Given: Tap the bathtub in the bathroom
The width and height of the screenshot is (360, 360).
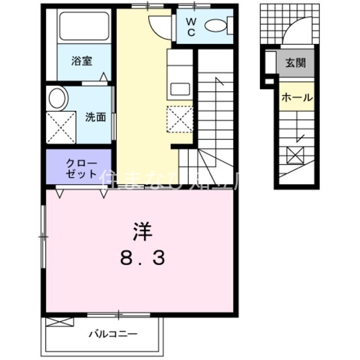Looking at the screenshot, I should (84, 27).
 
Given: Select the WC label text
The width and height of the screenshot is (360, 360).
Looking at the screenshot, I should (191, 28).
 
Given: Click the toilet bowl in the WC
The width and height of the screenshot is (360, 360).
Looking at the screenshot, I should (214, 25).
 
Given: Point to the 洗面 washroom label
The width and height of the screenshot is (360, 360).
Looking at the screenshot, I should (96, 118).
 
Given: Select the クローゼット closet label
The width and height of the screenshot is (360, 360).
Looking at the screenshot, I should (80, 168).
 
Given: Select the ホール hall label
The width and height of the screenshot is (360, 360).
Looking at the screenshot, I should (296, 97).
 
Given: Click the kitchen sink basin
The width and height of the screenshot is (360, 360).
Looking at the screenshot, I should (179, 89).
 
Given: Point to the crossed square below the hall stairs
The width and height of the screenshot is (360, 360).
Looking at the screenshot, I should (296, 154).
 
